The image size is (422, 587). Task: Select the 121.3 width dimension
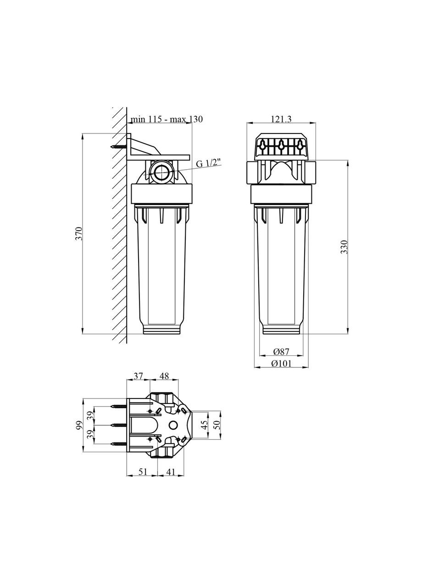pyautogui.click(x=282, y=119)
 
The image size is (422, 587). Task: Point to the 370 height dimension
pyautogui.click(x=79, y=234)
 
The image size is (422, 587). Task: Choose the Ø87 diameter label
pyautogui.click(x=281, y=352)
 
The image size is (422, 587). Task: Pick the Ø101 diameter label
pyautogui.click(x=282, y=364)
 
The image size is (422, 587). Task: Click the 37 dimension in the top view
pyautogui.click(x=138, y=376)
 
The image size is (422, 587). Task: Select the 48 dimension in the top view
pyautogui.click(x=164, y=376)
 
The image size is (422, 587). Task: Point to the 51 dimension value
pyautogui.click(x=142, y=472)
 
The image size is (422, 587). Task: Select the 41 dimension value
pyautogui.click(x=171, y=472)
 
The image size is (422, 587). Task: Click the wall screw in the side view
pyautogui.click(x=119, y=147)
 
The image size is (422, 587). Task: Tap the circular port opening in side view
pyautogui.click(x=161, y=172)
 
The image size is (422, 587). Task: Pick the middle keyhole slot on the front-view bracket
pyautogui.click(x=280, y=145)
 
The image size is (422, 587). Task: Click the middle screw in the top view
pyautogui.click(x=119, y=425)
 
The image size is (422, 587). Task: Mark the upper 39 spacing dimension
pyautogui.click(x=90, y=415)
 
